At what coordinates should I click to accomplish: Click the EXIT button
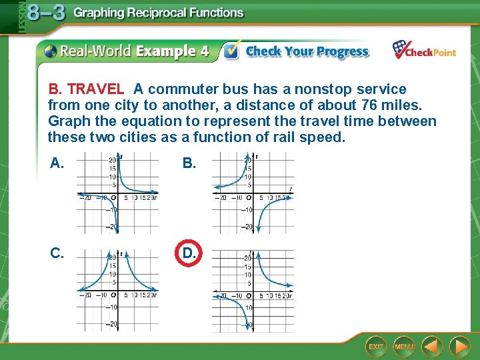376,347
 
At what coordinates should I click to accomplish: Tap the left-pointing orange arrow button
433,347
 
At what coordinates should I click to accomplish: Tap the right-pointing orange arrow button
459,347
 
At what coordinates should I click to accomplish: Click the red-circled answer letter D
189,253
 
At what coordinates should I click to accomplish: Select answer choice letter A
57,163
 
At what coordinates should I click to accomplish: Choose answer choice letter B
189,163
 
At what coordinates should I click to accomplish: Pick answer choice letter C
57,253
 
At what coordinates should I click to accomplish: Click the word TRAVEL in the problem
95,89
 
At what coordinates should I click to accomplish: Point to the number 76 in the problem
351,105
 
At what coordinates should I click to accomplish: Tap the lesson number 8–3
46,13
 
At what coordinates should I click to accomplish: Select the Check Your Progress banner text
307,51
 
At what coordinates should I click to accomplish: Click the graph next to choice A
117,193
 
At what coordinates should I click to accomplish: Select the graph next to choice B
253,193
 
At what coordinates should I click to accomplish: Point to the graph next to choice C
117,290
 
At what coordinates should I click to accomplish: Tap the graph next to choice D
253,290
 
